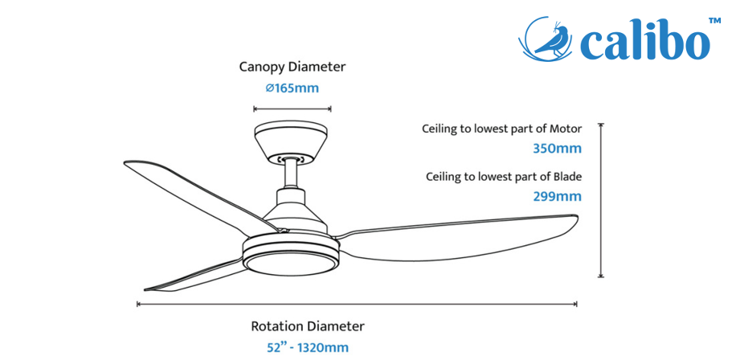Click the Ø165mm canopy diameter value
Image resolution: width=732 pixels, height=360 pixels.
(x=292, y=88)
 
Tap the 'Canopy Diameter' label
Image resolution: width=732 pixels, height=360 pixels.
(x=292, y=67)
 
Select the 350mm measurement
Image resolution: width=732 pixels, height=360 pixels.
(x=558, y=149)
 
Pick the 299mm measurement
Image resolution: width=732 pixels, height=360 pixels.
(x=558, y=197)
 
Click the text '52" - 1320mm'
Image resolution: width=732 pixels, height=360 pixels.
(x=308, y=348)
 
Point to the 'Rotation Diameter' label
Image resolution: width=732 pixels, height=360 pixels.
(x=308, y=326)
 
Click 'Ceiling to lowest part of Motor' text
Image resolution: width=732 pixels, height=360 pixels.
(x=502, y=129)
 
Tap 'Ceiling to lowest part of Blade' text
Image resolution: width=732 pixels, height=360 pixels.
(x=504, y=178)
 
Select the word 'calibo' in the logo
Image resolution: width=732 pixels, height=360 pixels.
(x=644, y=42)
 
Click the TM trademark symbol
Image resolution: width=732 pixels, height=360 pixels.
(x=715, y=21)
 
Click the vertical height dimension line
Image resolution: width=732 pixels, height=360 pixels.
(x=601, y=200)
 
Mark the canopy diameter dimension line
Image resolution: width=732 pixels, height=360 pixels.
(x=292, y=109)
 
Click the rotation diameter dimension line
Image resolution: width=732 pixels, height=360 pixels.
(x=357, y=304)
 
